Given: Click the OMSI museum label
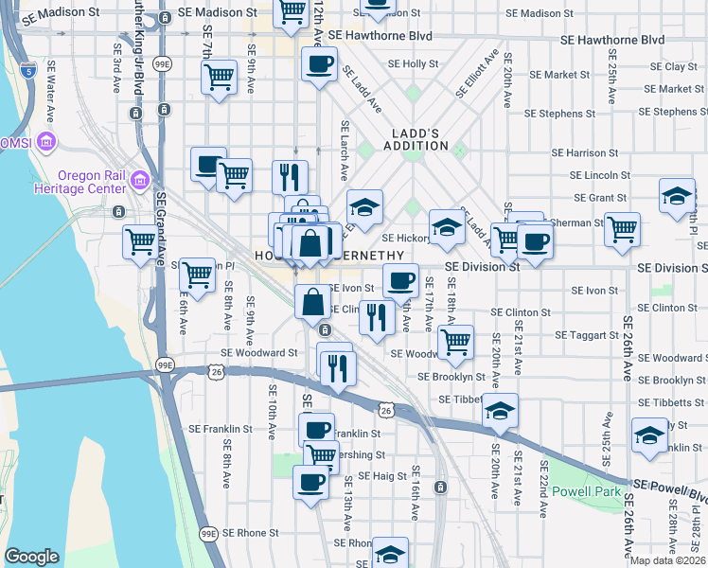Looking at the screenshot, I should [x=21, y=142].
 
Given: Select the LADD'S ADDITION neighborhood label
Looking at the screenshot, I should [x=416, y=139].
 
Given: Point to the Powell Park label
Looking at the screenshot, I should [x=587, y=491].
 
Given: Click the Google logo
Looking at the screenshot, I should [x=31, y=557].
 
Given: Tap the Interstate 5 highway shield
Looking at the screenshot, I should [x=29, y=70].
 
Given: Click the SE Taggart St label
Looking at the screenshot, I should [x=586, y=335].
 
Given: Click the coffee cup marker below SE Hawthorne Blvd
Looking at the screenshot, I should [x=319, y=65].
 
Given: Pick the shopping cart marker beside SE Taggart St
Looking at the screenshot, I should [x=456, y=341].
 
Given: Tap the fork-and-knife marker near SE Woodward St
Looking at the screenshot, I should [x=337, y=367].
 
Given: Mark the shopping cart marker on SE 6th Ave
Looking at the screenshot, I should [x=197, y=275].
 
